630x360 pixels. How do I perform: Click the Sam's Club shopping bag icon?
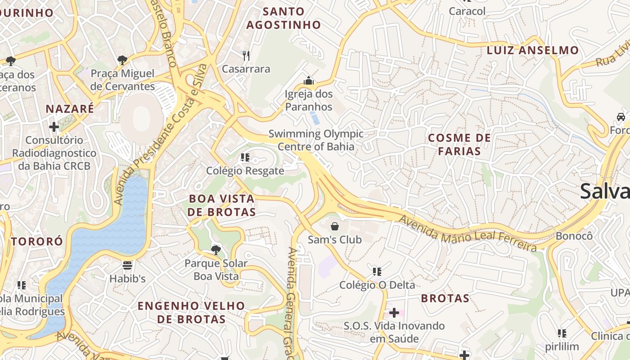[x=335, y=226]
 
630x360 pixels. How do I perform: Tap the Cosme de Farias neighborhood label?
[x=459, y=144]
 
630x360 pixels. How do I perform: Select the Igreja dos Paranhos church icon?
[x=309, y=81]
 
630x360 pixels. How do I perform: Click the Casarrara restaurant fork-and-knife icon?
[x=246, y=56]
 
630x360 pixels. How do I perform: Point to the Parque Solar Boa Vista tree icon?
[x=216, y=250]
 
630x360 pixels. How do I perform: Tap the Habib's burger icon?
[x=127, y=265]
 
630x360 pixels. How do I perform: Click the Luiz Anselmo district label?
[x=532, y=50]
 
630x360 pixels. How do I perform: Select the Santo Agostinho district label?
[x=283, y=18]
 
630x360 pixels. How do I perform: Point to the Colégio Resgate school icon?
[x=245, y=157]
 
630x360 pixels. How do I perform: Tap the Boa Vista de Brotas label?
[x=222, y=205]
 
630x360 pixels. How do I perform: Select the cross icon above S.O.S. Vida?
[x=394, y=312]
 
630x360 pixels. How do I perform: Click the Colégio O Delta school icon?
[x=377, y=272]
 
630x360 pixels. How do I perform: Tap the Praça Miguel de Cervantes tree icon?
[x=122, y=60]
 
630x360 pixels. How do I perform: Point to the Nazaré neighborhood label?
[x=70, y=109]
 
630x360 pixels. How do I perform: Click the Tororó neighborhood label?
[x=37, y=242]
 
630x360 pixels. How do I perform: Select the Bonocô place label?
[x=574, y=236]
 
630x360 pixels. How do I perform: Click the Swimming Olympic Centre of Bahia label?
[x=316, y=140]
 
